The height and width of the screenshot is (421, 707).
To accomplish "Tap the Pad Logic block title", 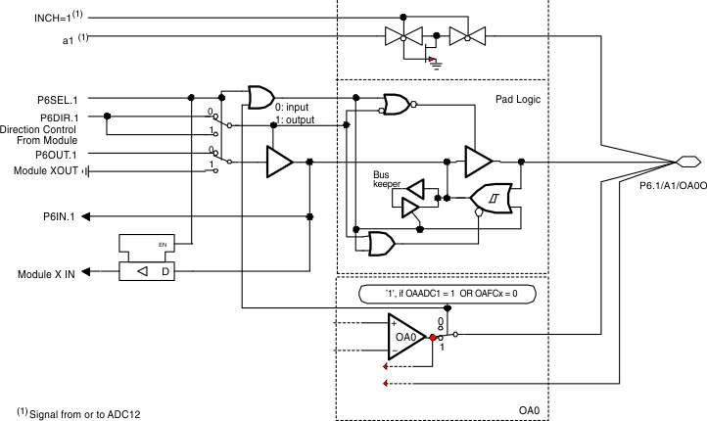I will (519, 100).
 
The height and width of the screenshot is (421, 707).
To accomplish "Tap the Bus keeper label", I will (387, 180).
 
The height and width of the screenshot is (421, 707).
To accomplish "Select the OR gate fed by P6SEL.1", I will (260, 97).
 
